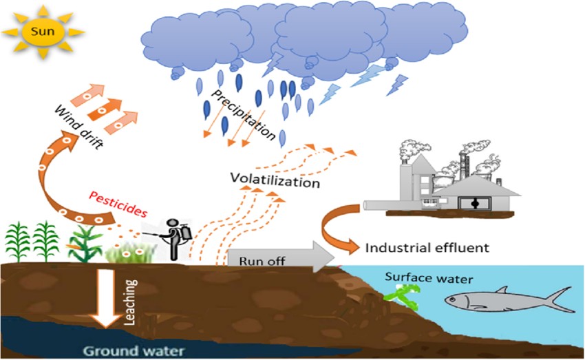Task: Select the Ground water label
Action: click(x=134, y=350)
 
